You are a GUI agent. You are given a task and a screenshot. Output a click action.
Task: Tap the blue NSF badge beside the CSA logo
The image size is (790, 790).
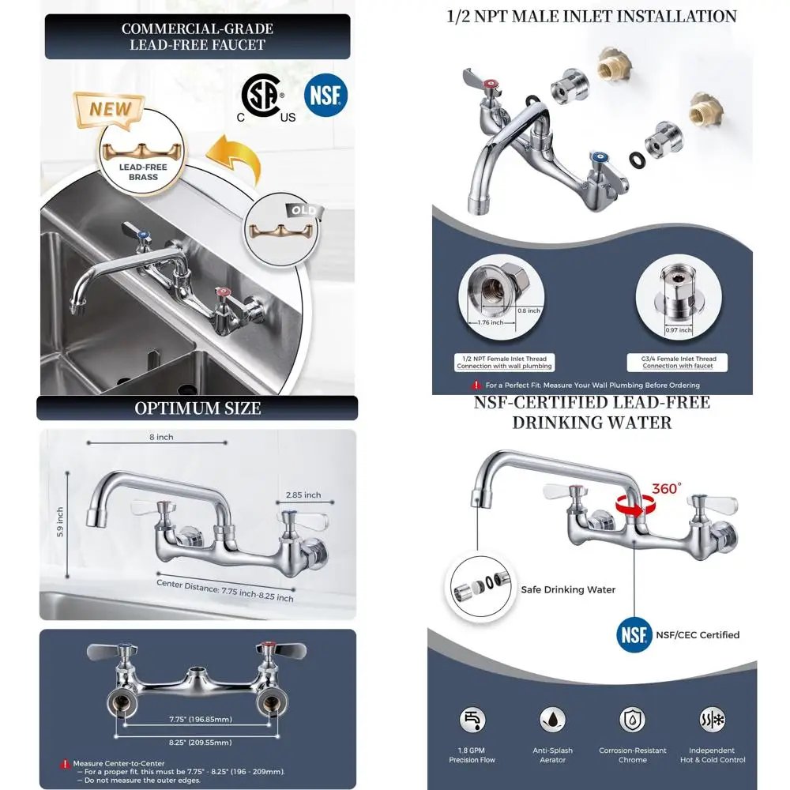point(325,96)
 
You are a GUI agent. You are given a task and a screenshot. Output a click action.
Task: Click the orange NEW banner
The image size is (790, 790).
point(110,109)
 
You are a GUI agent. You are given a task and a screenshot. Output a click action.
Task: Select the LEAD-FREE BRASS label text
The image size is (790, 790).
point(143,172)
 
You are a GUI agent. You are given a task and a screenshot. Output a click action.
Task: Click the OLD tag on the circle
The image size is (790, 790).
point(303,211)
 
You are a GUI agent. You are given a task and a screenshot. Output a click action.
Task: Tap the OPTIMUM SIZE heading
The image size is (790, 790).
point(197,408)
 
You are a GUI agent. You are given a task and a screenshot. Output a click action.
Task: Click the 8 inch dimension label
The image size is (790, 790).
point(160,437)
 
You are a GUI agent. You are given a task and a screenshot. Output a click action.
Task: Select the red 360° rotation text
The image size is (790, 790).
point(665,488)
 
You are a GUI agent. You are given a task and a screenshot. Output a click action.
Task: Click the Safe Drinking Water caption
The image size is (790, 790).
point(568,589)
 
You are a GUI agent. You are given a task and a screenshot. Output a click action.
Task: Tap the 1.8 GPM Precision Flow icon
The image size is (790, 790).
point(472,720)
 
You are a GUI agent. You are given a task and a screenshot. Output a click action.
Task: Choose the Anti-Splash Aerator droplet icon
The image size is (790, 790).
point(552,720)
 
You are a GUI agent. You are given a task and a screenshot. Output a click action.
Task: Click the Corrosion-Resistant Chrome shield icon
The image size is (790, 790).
point(633,720)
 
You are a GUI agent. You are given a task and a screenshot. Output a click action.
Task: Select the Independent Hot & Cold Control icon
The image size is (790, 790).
point(712,720)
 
